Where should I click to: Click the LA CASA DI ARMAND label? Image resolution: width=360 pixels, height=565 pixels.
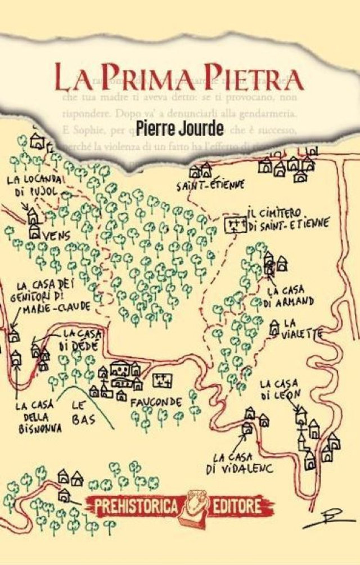click(290, 297)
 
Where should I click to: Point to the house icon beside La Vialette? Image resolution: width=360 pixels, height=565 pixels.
click(275, 327)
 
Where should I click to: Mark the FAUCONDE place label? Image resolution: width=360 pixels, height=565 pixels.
click(156, 402)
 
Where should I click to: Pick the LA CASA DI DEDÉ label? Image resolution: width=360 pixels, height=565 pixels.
click(78, 339)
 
